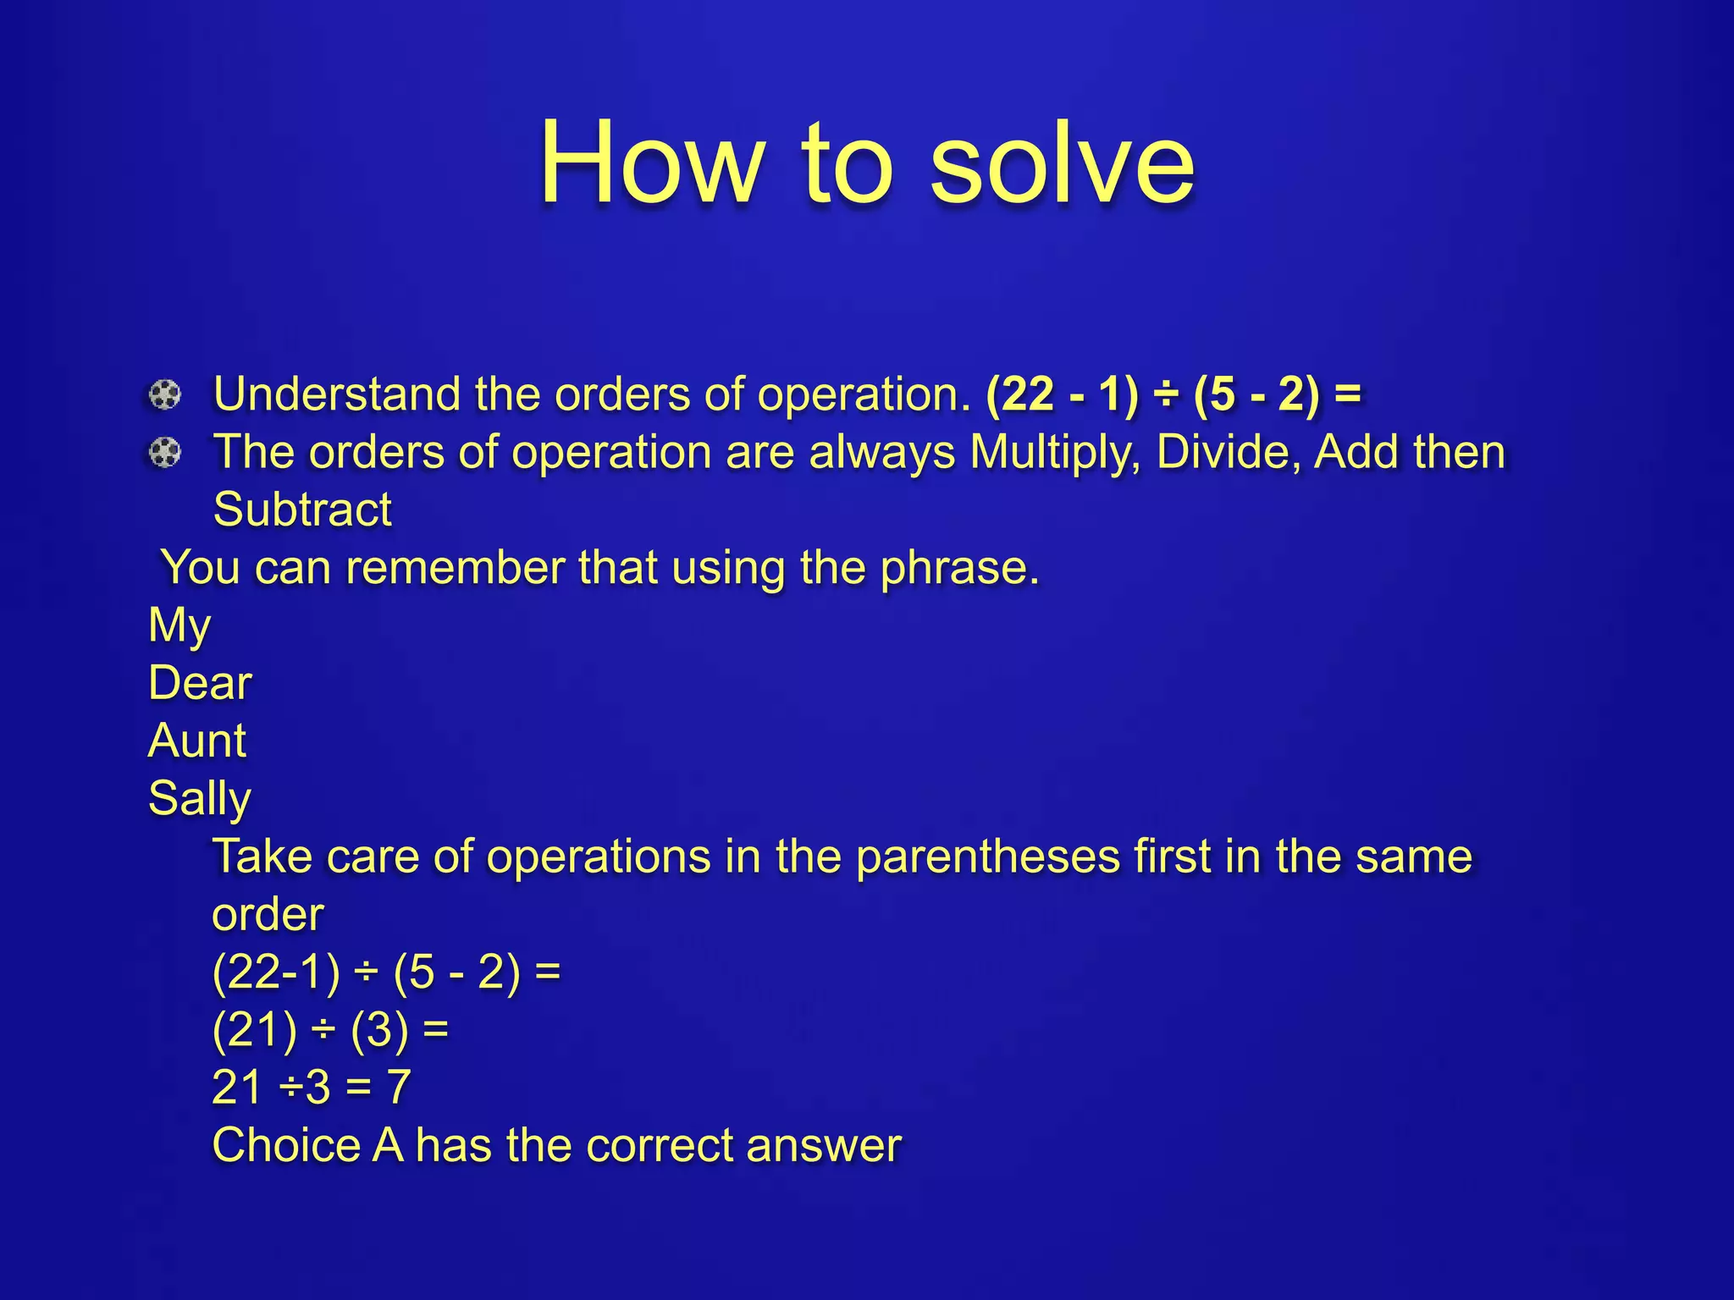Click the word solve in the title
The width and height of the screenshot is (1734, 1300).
[x=1062, y=163]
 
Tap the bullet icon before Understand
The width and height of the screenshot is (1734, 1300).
[x=165, y=395]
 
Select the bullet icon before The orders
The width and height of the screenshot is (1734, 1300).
[x=165, y=453]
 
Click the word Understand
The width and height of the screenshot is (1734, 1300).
[x=336, y=395]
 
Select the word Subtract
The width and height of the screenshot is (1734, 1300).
[x=302, y=510]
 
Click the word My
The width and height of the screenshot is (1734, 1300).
[x=179, y=626]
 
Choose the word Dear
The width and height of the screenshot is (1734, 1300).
[x=200, y=683]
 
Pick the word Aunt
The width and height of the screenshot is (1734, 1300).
[x=196, y=741]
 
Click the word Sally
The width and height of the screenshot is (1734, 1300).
[x=199, y=798]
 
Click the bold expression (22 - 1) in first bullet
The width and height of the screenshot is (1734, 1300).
[x=1063, y=395]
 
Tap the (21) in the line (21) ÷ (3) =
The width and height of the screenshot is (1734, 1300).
[x=255, y=1030]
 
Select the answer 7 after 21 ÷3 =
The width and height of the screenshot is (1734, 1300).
[x=399, y=1088]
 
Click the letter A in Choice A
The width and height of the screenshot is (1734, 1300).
[x=388, y=1145]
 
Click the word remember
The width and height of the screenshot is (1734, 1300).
[x=455, y=568]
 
